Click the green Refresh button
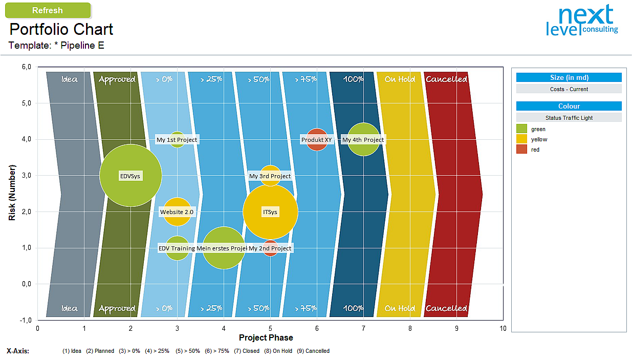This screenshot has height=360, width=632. pos(47,10)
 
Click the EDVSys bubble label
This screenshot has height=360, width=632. pos(130,176)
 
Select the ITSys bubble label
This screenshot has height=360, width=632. pos(270,212)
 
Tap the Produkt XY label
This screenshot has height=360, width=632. pos(316,140)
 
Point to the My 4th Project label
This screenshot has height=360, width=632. pos(363,140)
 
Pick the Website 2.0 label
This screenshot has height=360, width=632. pos(177,212)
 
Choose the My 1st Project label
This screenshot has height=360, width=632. pos(177,140)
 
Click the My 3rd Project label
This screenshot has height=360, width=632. pos(270,176)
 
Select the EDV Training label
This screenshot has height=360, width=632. pos(177,248)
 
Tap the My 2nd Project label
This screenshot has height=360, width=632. pos(270,248)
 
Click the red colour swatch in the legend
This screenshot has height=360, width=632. pos(521,150)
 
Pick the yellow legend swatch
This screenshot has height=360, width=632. pos(521,139)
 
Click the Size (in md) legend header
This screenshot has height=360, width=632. pos(569,78)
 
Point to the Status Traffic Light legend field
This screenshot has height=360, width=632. pos(569,118)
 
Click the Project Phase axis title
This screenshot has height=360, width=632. pos(266,337)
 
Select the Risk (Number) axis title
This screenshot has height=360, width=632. pos(12,193)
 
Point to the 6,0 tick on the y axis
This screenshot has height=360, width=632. pos(26,67)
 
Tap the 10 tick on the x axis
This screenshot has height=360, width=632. pos(503,328)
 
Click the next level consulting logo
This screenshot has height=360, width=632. pos(582,22)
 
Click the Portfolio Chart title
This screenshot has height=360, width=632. pos(61,29)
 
